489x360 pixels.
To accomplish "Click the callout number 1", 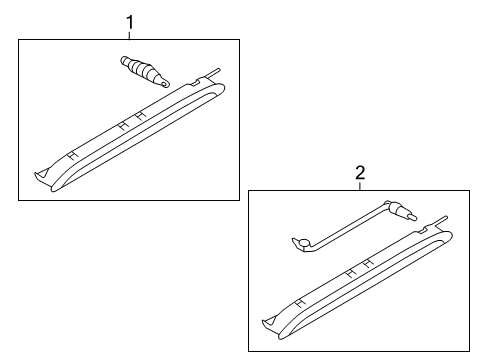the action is pyautogui.click(x=130, y=23).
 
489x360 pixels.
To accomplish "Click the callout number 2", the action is pyautogui.click(x=360, y=173).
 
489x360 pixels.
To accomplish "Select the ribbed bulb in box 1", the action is pyautogui.click(x=145, y=71).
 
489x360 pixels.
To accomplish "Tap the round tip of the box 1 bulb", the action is pyautogui.click(x=165, y=83).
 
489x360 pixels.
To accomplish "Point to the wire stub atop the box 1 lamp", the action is pyautogui.click(x=213, y=73).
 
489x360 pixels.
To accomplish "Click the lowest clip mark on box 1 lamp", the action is pyautogui.click(x=73, y=155).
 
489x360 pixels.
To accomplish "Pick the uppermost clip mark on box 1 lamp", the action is pyautogui.click(x=140, y=115).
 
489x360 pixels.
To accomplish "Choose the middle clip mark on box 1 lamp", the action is pyautogui.click(x=123, y=125).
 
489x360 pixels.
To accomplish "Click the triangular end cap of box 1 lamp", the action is pyautogui.click(x=42, y=173).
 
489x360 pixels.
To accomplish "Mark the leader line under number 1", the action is pyautogui.click(x=130, y=35).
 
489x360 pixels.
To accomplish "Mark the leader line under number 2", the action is pyautogui.click(x=360, y=186).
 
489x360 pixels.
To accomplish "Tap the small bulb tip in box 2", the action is pyautogui.click(x=412, y=217).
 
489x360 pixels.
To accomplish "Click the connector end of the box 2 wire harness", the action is pyautogui.click(x=301, y=243).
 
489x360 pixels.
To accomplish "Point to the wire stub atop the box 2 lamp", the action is pyautogui.click(x=440, y=222).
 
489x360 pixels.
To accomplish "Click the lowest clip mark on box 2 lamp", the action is pyautogui.click(x=301, y=303).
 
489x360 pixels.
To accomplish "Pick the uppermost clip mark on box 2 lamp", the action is pyautogui.click(x=368, y=264).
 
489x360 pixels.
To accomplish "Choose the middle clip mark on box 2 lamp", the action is pyautogui.click(x=351, y=274).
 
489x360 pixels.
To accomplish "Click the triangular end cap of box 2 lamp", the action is pyautogui.click(x=269, y=321).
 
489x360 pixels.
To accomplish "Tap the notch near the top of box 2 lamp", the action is pyautogui.click(x=424, y=229).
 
